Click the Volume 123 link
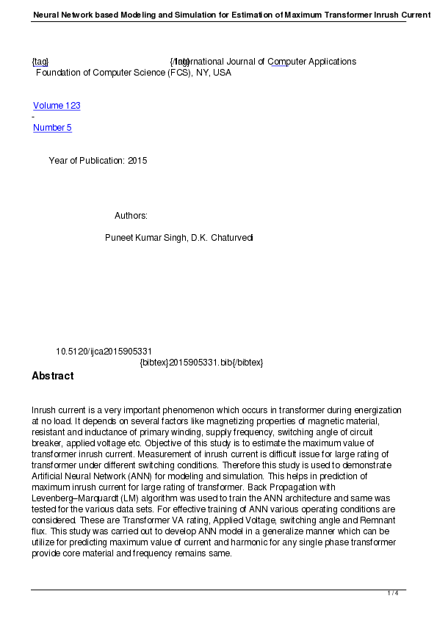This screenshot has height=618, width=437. (57, 106)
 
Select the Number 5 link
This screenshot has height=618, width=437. (52, 128)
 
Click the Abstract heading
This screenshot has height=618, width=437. (52, 376)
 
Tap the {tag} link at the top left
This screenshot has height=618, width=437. (40, 62)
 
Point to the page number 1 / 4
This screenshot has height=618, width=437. (393, 593)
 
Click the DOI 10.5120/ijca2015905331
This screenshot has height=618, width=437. (104, 352)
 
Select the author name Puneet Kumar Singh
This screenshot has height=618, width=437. (145, 238)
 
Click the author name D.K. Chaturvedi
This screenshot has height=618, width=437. (222, 238)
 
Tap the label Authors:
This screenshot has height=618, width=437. (131, 216)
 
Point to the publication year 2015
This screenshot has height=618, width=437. (137, 161)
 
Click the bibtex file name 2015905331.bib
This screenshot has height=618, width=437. (201, 363)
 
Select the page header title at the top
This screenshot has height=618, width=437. (221, 15)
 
